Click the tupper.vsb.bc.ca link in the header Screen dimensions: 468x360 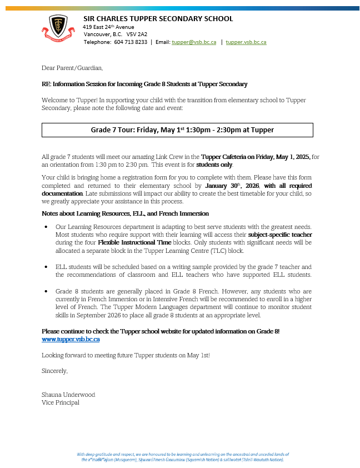pos(246,42)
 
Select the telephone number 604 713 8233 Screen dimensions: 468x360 pos(131,42)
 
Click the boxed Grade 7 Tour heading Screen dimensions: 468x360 pos(178,130)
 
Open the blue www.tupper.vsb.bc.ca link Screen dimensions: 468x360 pos(71,338)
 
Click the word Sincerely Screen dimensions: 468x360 pos(54,370)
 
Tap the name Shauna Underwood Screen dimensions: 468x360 pos(68,395)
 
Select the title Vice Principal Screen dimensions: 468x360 pos(61,402)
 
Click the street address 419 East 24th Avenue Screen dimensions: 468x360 pos(108,27)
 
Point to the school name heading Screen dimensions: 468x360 pos(158,19)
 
